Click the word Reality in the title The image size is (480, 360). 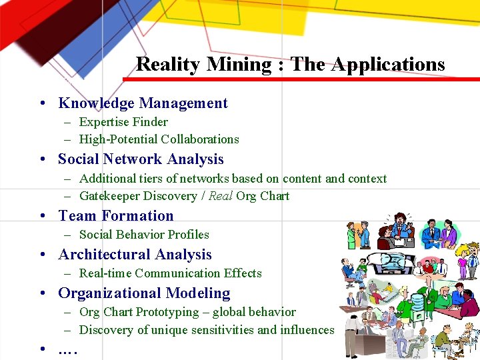tap(168, 64)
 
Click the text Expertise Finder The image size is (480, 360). tap(123, 122)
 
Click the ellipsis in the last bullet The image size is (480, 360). tap(68, 349)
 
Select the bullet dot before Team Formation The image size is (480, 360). tap(42, 216)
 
